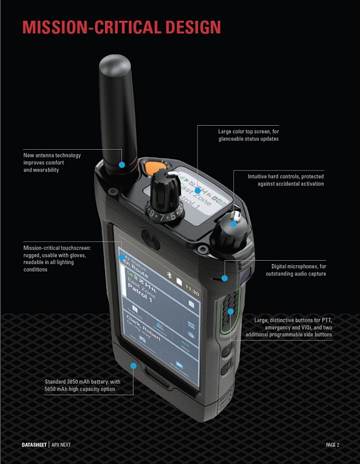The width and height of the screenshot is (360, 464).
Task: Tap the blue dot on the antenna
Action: coord(122,165)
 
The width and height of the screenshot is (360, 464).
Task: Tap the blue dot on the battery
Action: coord(132,365)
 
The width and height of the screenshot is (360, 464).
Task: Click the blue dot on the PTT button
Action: coord(231,311)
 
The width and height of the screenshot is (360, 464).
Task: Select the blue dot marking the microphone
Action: coord(225,278)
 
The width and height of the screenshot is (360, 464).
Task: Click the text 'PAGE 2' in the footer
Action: coord(332,445)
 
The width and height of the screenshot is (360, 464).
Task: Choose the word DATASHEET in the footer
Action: coord(34,445)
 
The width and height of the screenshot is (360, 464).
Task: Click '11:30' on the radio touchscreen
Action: coord(192,286)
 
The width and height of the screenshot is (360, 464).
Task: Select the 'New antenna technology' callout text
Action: coord(52,155)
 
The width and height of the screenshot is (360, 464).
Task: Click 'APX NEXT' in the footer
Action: coord(61,445)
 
